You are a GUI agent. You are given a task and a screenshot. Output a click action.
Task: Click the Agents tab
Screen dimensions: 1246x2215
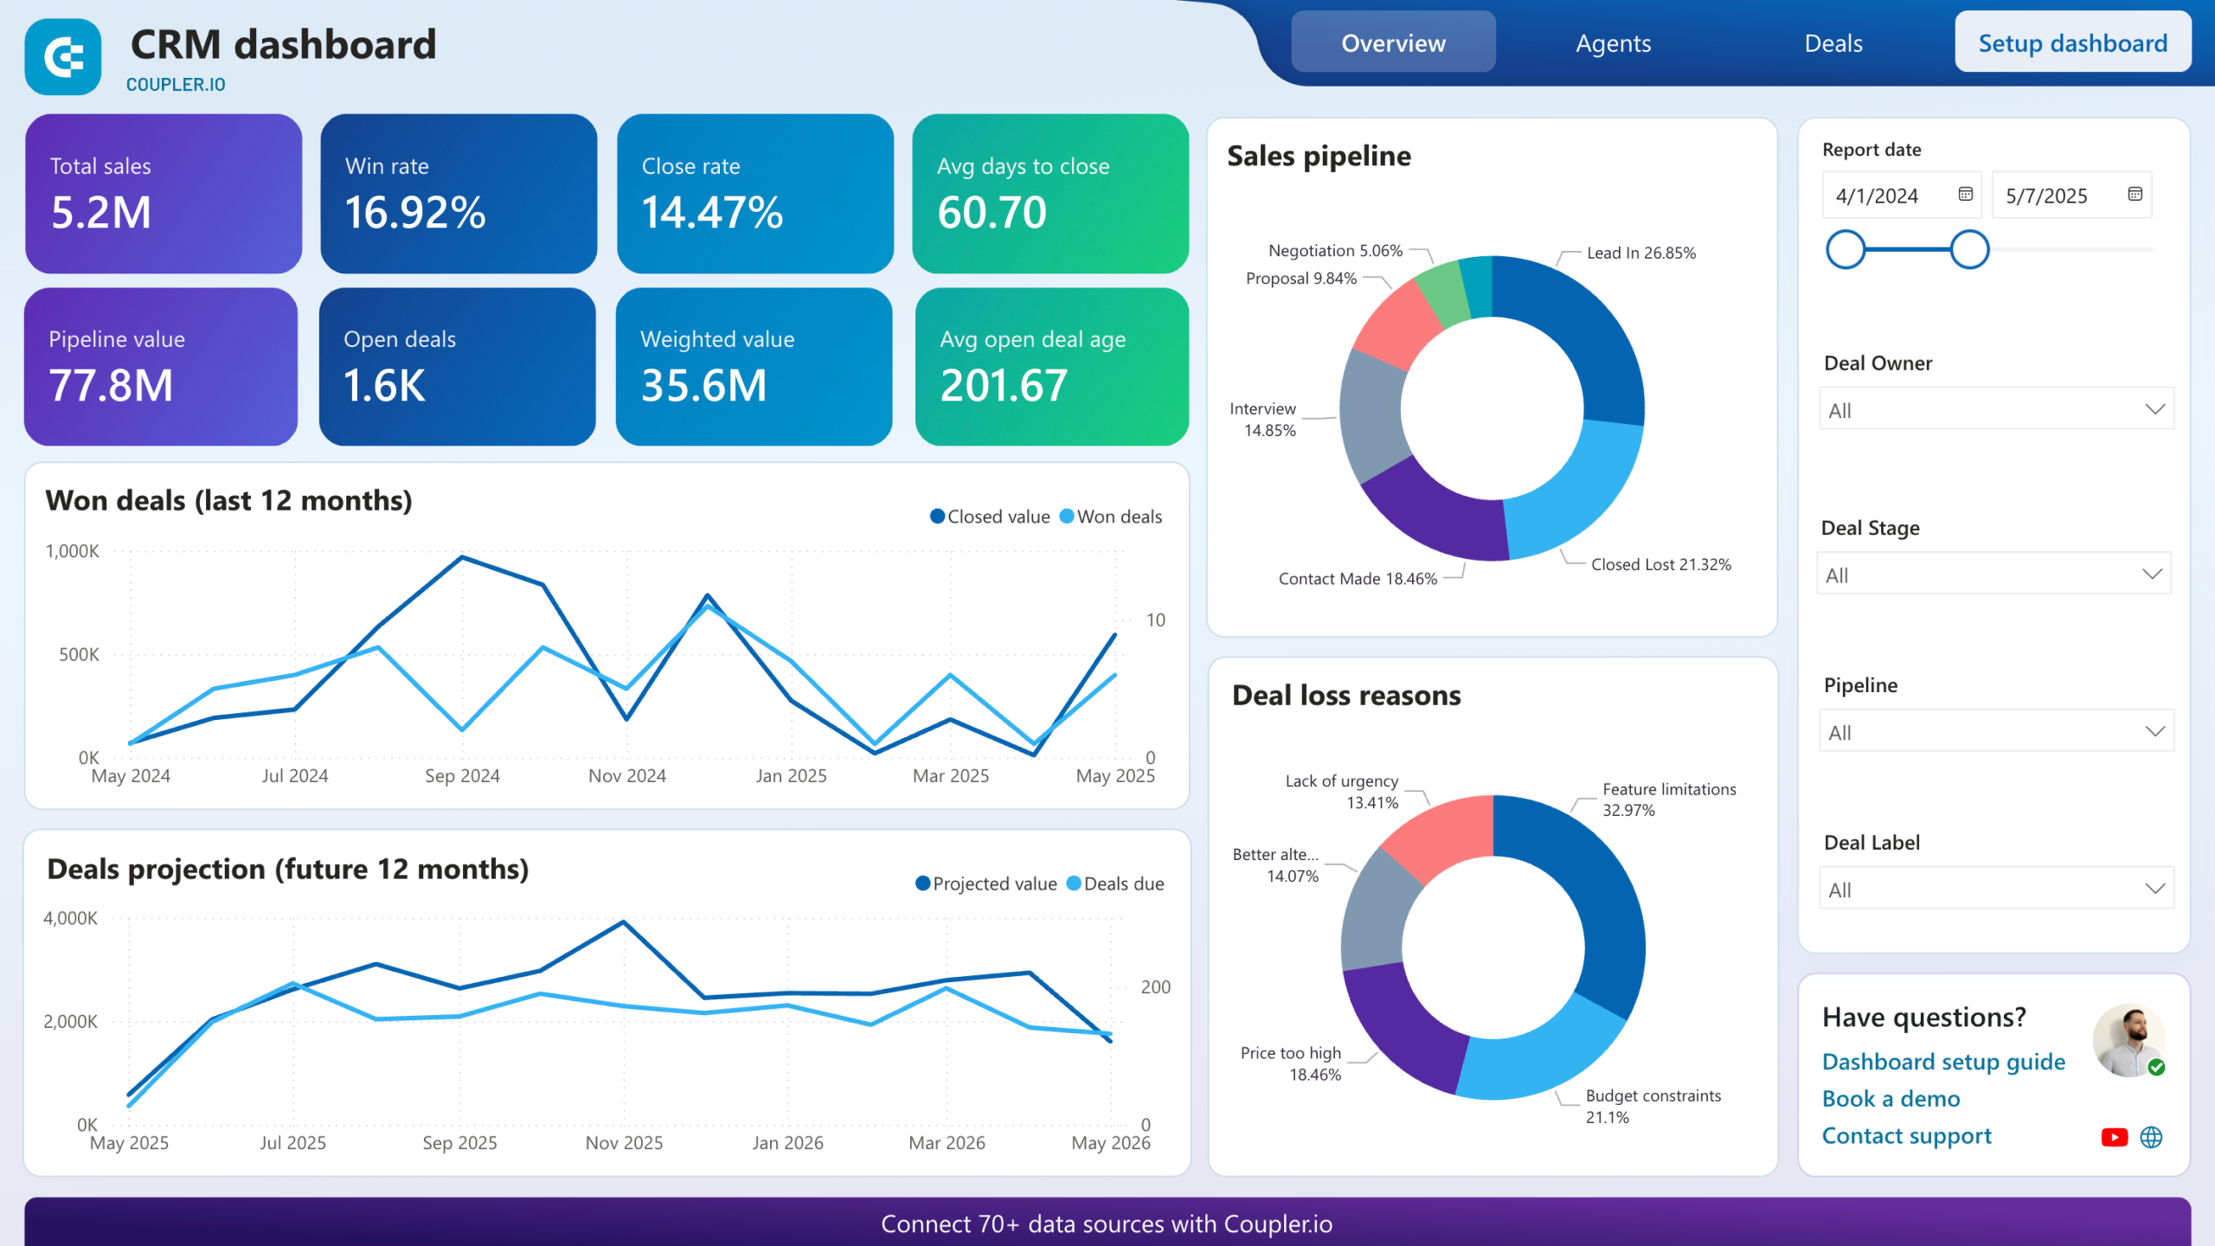click(1613, 43)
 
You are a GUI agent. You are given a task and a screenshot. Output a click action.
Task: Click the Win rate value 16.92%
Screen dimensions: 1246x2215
click(415, 213)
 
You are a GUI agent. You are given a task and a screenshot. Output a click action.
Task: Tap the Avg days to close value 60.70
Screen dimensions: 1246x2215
click(992, 213)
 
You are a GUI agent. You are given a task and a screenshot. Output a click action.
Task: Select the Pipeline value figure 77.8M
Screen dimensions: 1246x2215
click(111, 386)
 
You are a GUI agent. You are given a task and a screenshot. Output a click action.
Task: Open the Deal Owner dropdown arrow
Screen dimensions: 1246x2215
click(2154, 409)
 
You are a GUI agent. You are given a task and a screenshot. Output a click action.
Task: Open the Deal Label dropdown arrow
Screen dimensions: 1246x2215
click(2154, 889)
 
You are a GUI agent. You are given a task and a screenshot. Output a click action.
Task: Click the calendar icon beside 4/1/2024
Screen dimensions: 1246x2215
click(1965, 194)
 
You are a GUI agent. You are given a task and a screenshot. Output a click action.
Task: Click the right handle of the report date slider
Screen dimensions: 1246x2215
click(1969, 250)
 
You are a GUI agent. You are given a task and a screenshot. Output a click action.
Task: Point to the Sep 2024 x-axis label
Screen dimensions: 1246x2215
click(462, 776)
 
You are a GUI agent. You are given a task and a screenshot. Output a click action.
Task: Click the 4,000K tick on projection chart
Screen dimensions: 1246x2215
click(70, 918)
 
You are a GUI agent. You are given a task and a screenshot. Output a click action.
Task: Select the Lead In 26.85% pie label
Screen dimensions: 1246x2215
click(1640, 253)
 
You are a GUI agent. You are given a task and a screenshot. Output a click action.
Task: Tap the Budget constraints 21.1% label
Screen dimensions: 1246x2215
click(1652, 1106)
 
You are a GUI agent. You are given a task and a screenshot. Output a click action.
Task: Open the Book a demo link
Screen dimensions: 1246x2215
click(1891, 1099)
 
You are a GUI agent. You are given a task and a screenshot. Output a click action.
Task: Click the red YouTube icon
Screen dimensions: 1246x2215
click(2114, 1137)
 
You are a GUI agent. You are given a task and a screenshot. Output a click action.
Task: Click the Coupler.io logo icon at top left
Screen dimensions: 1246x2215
click(63, 57)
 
